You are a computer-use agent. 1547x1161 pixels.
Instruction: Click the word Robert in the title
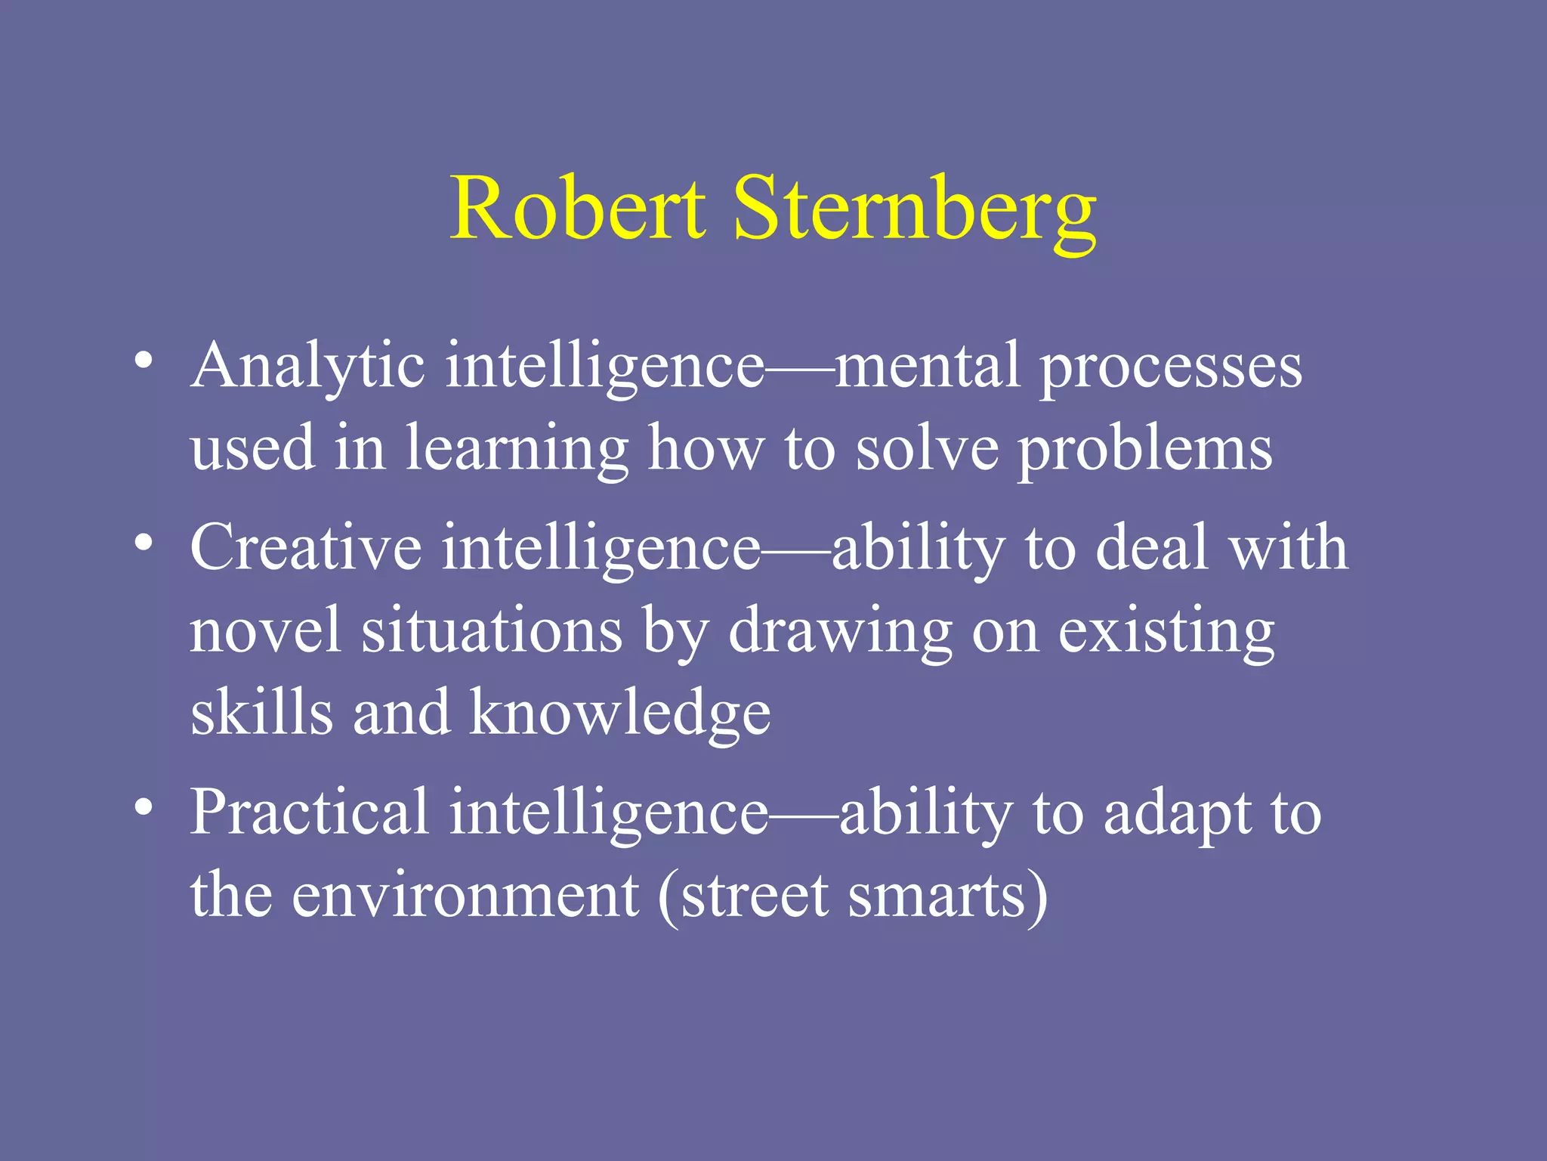coord(578,208)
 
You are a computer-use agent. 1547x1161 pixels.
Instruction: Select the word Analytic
coord(307,367)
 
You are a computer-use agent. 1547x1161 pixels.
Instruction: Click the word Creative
coord(305,547)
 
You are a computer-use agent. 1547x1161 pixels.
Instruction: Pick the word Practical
coord(310,813)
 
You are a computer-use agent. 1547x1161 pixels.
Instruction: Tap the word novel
coord(264,631)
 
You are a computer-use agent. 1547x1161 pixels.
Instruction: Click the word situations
coord(492,631)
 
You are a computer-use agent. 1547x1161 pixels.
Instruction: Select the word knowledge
coord(620,714)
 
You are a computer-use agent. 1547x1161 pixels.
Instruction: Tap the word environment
coord(465,896)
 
